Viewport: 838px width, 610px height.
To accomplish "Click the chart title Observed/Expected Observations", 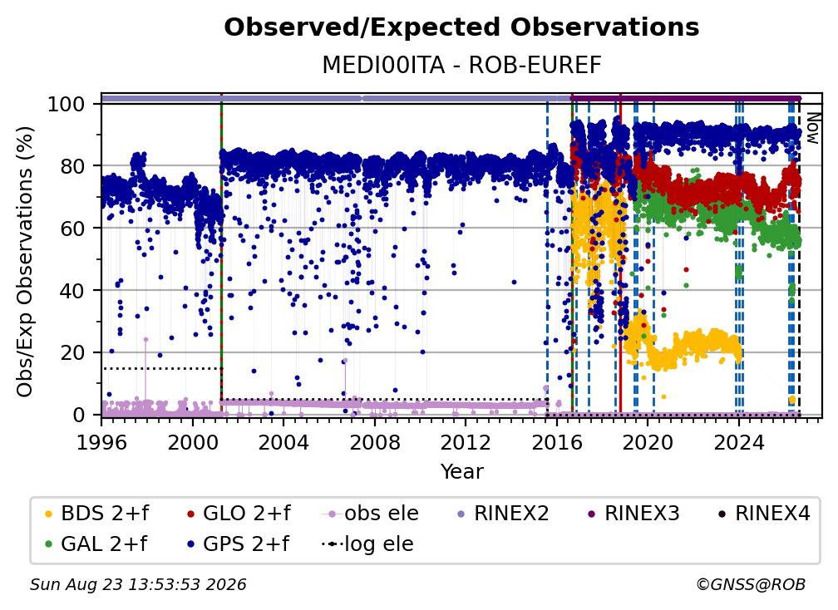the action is coord(461,27).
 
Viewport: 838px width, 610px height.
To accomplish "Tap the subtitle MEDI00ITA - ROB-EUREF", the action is coord(461,65).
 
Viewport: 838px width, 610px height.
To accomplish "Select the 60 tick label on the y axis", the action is coord(72,228).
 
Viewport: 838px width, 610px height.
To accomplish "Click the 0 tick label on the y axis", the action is coord(79,415).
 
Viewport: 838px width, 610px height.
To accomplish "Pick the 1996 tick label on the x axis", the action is coord(101,442).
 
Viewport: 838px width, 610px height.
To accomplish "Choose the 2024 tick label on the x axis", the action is coord(738,442).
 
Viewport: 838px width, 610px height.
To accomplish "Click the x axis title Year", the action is coord(461,472).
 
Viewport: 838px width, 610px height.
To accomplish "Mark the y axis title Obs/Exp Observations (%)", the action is coord(25,261).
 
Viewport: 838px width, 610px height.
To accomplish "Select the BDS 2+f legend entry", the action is coord(96,514).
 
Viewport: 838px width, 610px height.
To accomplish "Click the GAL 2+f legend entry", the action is coord(96,544).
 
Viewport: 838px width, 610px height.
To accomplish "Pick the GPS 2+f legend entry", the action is coord(238,544).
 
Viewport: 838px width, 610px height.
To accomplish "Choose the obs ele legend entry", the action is coord(371,514).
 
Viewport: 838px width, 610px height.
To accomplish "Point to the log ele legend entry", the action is coord(367,544).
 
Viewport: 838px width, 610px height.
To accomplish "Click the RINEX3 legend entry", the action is coord(633,514).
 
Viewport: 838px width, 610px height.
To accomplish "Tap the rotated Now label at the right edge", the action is coord(812,128).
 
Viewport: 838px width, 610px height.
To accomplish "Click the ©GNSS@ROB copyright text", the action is coord(751,584).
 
